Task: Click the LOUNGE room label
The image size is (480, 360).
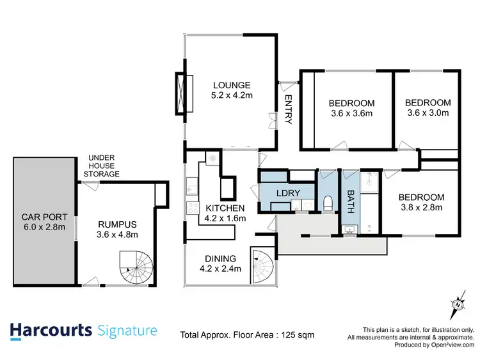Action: coord(232,85)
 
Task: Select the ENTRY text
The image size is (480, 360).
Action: coord(288,110)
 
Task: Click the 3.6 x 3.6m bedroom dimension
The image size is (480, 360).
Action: coord(351,114)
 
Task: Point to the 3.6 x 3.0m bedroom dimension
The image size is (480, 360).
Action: coord(428,113)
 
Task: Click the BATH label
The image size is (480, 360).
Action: coord(351,196)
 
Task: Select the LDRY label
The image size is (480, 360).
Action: coord(284,193)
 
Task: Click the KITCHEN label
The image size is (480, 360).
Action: coord(225,208)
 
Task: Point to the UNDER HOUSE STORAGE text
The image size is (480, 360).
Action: coord(104,166)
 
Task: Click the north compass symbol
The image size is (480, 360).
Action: coord(458,304)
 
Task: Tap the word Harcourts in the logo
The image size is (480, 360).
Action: coord(51,331)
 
